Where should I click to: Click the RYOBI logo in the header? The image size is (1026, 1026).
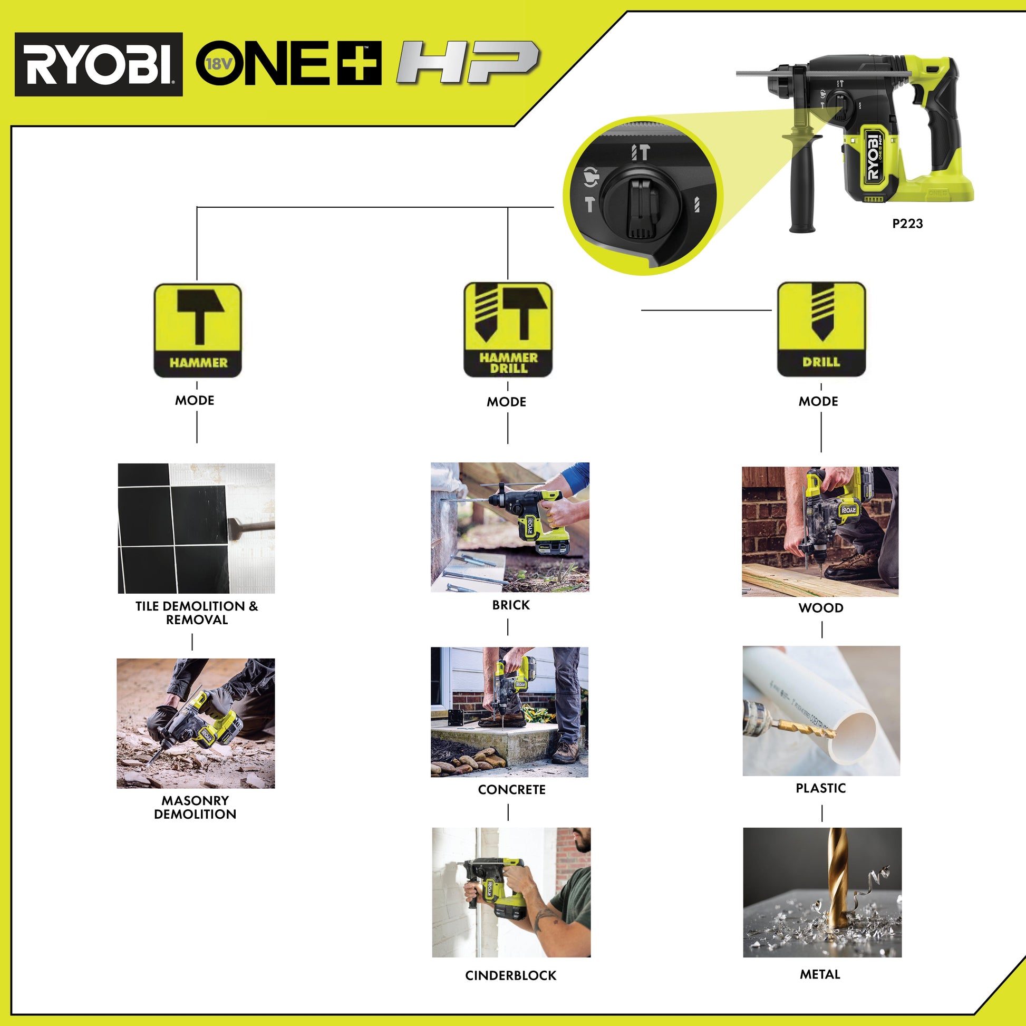click(99, 64)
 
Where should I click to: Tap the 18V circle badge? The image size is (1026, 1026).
click(217, 64)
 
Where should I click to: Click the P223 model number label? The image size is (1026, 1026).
click(907, 224)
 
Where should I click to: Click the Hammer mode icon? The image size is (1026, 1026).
click(198, 330)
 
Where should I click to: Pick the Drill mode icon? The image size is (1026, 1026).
click(821, 328)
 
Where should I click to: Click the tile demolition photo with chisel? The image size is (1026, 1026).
click(196, 528)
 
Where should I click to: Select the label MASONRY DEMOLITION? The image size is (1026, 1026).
click(195, 807)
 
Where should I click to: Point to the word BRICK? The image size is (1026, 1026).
click(510, 605)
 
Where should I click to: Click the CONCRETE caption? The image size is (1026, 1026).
click(511, 790)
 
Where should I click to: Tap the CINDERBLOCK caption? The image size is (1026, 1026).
click(510, 975)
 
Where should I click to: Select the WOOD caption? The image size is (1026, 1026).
click(820, 608)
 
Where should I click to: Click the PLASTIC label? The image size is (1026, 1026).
click(820, 788)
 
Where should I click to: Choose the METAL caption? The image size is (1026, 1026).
click(820, 974)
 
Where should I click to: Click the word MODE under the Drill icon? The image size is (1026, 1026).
click(818, 401)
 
